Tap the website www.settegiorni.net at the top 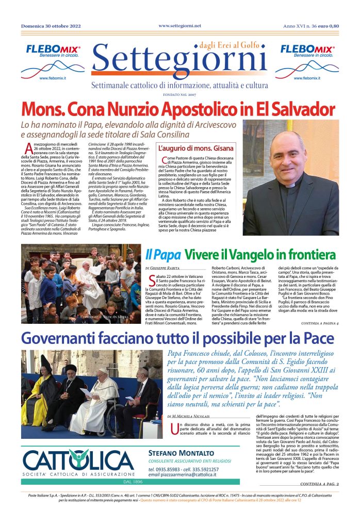[x=180, y=25]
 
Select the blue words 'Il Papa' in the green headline [x=162, y=254]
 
